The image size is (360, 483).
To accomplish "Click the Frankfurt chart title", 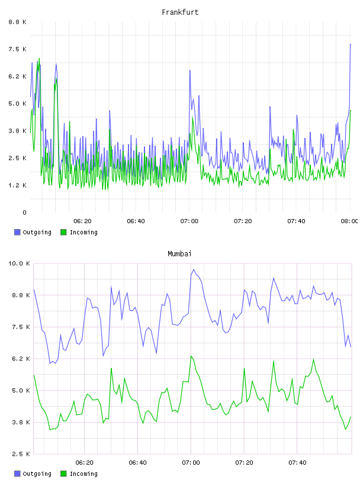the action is coord(180,12).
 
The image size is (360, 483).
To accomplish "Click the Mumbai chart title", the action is coord(179,254).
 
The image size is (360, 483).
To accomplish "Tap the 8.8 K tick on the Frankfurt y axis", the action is coord(17,22).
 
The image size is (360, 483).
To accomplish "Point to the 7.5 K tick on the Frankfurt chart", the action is coord(17,49).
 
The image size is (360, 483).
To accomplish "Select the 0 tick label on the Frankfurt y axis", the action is coord(24,212).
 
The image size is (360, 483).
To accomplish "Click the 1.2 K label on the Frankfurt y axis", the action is coord(17,185).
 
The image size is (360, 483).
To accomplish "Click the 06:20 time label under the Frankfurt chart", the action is coord(83,221).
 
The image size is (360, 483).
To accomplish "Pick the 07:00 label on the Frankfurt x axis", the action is coord(189,221).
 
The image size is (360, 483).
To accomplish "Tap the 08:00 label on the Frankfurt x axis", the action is coord(349,221).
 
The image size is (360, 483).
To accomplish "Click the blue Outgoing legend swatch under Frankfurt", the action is coord(17,232).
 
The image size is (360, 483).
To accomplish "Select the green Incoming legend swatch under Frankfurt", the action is coord(63,232).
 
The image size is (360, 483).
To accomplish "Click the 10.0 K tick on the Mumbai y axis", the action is coord(19,263).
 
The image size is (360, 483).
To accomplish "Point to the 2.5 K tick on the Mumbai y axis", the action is coord(21,454).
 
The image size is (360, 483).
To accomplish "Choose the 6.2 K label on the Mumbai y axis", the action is coord(21,359).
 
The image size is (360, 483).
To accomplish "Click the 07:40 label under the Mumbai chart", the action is coord(297,463).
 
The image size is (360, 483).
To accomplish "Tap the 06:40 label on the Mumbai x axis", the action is coord(137,463).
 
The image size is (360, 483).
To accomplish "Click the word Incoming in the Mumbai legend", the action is coord(83,474).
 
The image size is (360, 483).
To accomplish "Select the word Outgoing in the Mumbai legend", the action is coord(37,474).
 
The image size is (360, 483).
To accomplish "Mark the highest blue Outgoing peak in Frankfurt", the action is coord(351,44).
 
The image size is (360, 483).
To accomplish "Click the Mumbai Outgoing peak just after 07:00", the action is coord(194,269).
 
